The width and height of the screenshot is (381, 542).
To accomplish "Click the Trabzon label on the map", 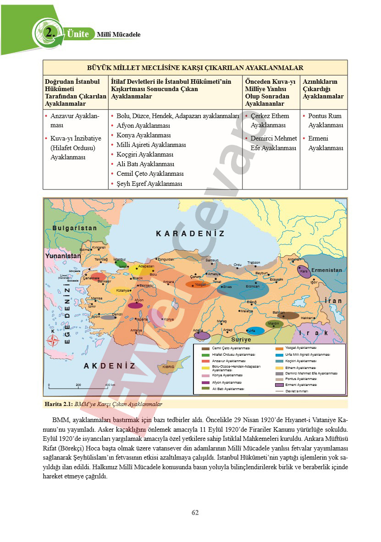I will [x=254, y=263].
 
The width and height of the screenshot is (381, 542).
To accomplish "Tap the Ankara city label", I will [x=168, y=282].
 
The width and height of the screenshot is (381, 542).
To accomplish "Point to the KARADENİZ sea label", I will [x=190, y=233].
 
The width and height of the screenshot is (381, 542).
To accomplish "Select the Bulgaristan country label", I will [x=75, y=228].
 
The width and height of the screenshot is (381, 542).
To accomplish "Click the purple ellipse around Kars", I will [x=303, y=271].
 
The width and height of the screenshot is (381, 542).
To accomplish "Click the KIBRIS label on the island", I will [x=169, y=367].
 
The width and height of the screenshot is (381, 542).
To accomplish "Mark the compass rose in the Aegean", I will [x=54, y=340].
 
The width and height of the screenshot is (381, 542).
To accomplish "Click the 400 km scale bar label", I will [x=110, y=385].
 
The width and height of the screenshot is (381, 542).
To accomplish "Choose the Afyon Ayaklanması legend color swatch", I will [x=205, y=382].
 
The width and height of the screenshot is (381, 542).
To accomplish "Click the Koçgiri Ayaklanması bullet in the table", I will [x=145, y=154].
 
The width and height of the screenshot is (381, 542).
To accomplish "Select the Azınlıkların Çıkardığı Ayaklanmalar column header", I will [x=323, y=89].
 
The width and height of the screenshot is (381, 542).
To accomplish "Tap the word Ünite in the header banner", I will [x=77, y=33].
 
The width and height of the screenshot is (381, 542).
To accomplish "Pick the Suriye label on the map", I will [x=241, y=340].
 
